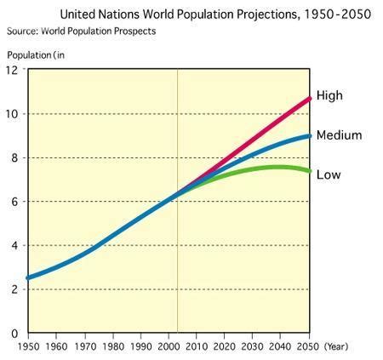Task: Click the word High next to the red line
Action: [x=329, y=96]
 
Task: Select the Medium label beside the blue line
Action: [x=338, y=135]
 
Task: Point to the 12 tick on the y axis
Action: [x=13, y=71]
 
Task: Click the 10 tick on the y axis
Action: [x=13, y=114]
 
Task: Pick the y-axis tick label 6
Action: [x=15, y=202]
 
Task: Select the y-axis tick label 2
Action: [x=15, y=289]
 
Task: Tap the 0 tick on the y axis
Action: [x=15, y=333]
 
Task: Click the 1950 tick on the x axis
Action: [x=28, y=347]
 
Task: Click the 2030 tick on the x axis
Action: [x=254, y=347]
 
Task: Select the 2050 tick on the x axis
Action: [x=308, y=347]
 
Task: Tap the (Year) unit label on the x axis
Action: [x=335, y=347]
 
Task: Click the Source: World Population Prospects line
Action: [x=81, y=31]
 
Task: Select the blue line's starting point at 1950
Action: [x=29, y=277]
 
